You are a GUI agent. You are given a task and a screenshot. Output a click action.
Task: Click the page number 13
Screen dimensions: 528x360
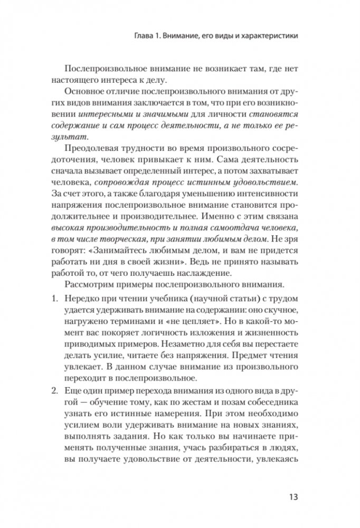click(x=294, y=497)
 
